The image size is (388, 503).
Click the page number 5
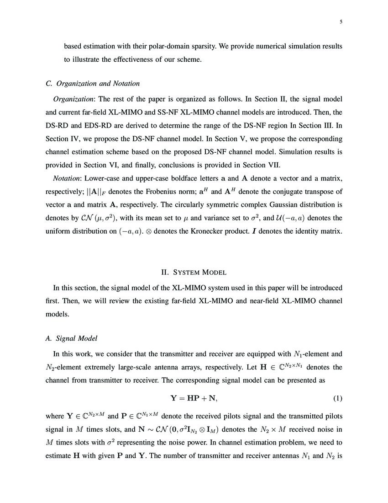pos(341,21)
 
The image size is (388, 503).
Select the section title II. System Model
pos(194,273)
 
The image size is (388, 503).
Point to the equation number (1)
pos(337,398)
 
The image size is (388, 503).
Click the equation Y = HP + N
pos(194,398)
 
